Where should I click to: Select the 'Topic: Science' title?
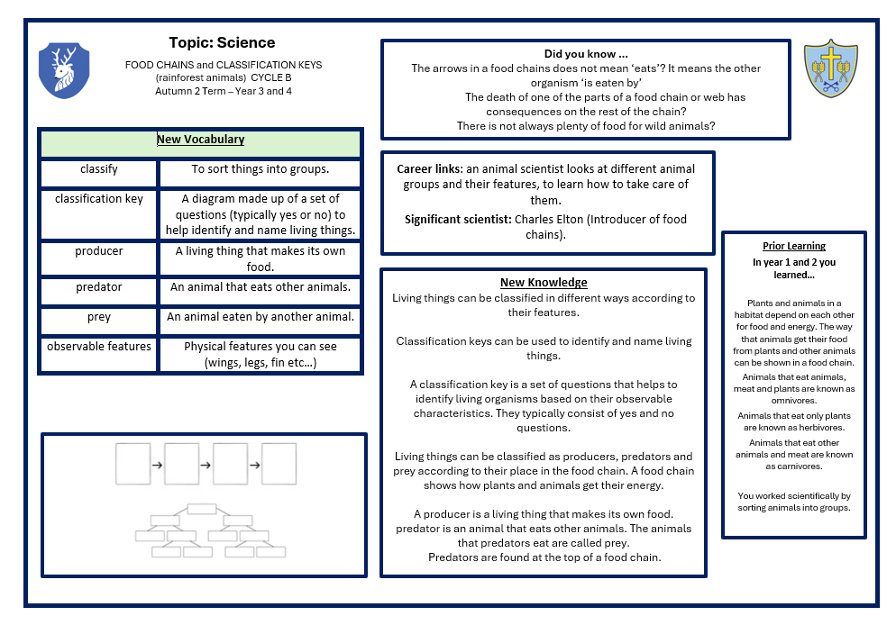[222, 42]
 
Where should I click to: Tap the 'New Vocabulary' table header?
[200, 140]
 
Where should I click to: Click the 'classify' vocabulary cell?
[98, 168]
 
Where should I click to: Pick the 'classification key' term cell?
[98, 198]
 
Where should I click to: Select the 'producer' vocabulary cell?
[98, 251]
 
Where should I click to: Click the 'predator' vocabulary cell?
[98, 287]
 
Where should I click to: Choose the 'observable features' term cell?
[98, 346]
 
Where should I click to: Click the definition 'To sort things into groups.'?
[260, 168]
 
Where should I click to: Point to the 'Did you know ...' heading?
[585, 54]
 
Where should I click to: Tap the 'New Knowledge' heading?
[544, 283]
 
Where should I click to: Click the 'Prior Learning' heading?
[793, 245]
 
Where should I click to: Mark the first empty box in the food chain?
[133, 464]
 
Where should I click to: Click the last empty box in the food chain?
[279, 464]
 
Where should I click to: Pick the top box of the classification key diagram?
[202, 509]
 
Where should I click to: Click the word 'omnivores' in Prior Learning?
[793, 401]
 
